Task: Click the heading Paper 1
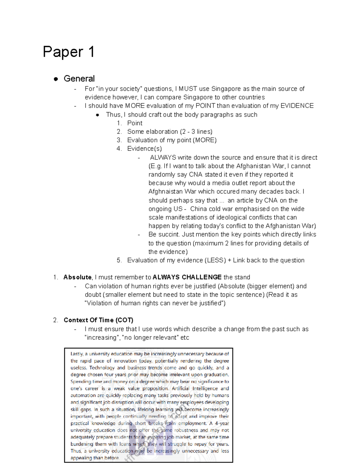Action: click(x=69, y=52)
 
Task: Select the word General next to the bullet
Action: click(x=79, y=78)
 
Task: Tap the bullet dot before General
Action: click(x=56, y=79)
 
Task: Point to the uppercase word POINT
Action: click(x=205, y=106)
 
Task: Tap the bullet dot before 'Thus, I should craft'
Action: click(x=97, y=115)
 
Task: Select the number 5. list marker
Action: click(x=119, y=260)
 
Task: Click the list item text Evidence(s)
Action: click(x=144, y=149)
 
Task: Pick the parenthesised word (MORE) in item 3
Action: click(x=205, y=140)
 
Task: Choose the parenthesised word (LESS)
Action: click(x=215, y=260)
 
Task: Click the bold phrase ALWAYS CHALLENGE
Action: click(x=187, y=277)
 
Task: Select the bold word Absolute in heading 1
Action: click(x=77, y=277)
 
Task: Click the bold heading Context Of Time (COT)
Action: click(x=98, y=320)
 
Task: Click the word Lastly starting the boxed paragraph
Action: click(x=77, y=354)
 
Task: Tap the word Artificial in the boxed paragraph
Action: click(x=180, y=389)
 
